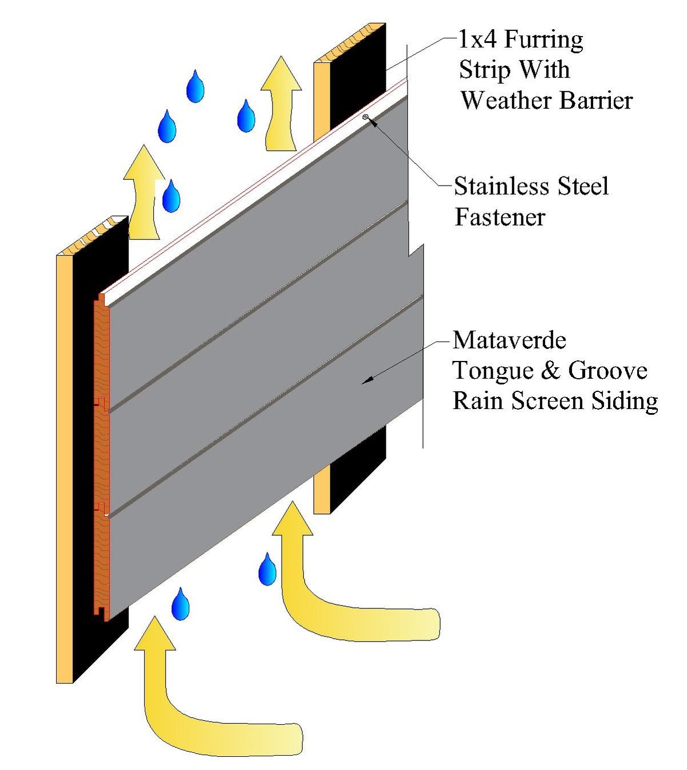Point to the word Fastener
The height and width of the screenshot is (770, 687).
pos(500,217)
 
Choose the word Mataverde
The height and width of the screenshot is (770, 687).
pos(509,340)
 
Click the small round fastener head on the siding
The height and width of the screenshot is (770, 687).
pos(366,117)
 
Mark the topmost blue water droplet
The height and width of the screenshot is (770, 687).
pos(195,87)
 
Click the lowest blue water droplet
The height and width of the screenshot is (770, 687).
pos(180,604)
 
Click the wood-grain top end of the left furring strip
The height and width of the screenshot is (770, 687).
pos(92,236)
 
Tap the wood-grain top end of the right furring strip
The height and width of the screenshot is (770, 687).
pos(349,43)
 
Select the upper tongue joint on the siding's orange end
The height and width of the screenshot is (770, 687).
pos(101,402)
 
